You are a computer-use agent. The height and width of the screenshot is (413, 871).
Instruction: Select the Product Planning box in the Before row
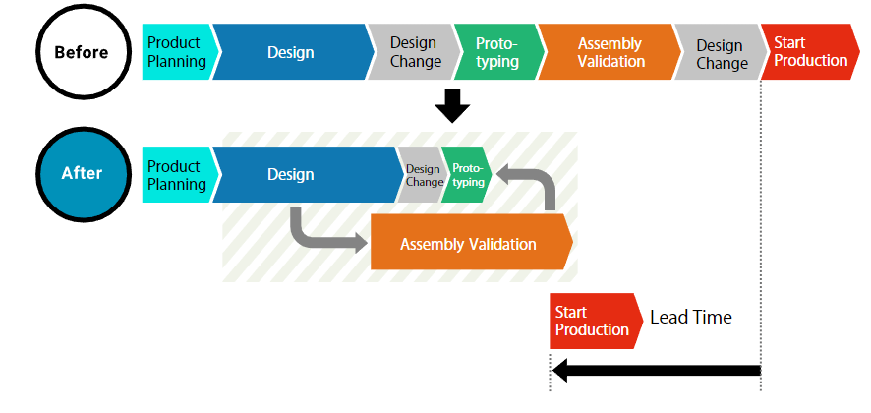(178, 52)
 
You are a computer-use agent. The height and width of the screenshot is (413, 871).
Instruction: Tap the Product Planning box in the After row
(178, 174)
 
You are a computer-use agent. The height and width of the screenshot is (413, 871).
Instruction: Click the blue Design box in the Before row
(291, 52)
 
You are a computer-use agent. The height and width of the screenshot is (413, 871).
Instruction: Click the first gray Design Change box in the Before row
(415, 52)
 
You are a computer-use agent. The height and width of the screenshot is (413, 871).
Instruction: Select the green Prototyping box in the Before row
(497, 52)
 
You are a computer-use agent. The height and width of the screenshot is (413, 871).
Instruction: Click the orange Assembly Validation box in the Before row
(610, 52)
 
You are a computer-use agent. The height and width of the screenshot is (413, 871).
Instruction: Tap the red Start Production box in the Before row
(809, 52)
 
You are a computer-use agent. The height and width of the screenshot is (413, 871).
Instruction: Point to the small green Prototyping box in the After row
(467, 174)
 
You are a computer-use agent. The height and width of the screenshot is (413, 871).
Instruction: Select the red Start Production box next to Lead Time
(595, 322)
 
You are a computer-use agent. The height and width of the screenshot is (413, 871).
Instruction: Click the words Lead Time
(691, 318)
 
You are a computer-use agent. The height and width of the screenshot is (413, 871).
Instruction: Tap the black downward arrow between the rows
(452, 105)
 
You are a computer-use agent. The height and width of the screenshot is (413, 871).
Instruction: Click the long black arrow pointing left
(657, 370)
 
